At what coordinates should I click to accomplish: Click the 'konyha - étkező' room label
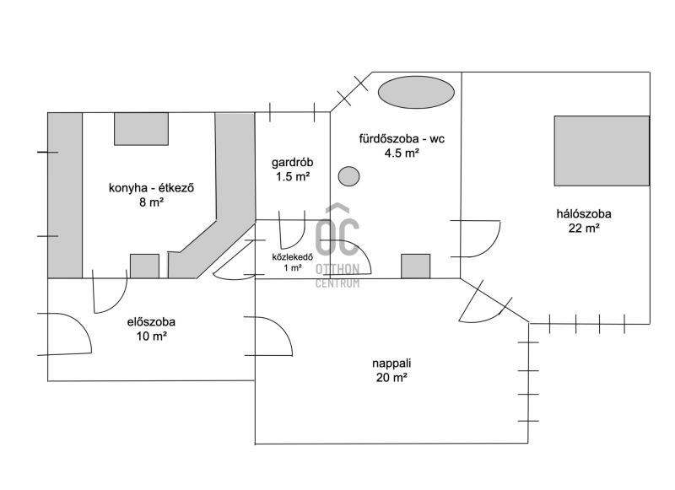pyautogui.click(x=151, y=188)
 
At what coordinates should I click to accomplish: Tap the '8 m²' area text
pyautogui.click(x=151, y=202)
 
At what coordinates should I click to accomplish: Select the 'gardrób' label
pyautogui.click(x=292, y=163)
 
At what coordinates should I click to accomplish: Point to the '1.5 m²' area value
pyautogui.click(x=293, y=176)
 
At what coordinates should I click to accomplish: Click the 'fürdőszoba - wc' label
pyautogui.click(x=402, y=138)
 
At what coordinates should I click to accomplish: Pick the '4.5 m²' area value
pyautogui.click(x=402, y=153)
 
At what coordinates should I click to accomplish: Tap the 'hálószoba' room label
pyautogui.click(x=584, y=214)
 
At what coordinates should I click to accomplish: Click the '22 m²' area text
pyautogui.click(x=584, y=228)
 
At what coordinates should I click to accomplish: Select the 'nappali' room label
pyautogui.click(x=391, y=363)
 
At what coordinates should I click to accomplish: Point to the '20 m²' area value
pyautogui.click(x=391, y=377)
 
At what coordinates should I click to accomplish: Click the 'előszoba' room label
pyautogui.click(x=151, y=322)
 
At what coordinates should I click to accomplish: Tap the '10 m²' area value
pyautogui.click(x=152, y=336)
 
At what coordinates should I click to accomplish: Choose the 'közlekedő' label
pyautogui.click(x=292, y=257)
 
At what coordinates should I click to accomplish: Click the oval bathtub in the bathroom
pyautogui.click(x=416, y=92)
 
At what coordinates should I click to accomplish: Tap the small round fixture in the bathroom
pyautogui.click(x=348, y=176)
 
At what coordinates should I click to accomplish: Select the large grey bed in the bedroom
pyautogui.click(x=602, y=151)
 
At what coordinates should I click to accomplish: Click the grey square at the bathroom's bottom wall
pyautogui.click(x=415, y=266)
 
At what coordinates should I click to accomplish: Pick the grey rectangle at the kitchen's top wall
pyautogui.click(x=141, y=129)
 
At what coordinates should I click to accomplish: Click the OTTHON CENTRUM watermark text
pyautogui.click(x=337, y=276)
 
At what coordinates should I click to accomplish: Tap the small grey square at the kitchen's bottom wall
pyautogui.click(x=144, y=266)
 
